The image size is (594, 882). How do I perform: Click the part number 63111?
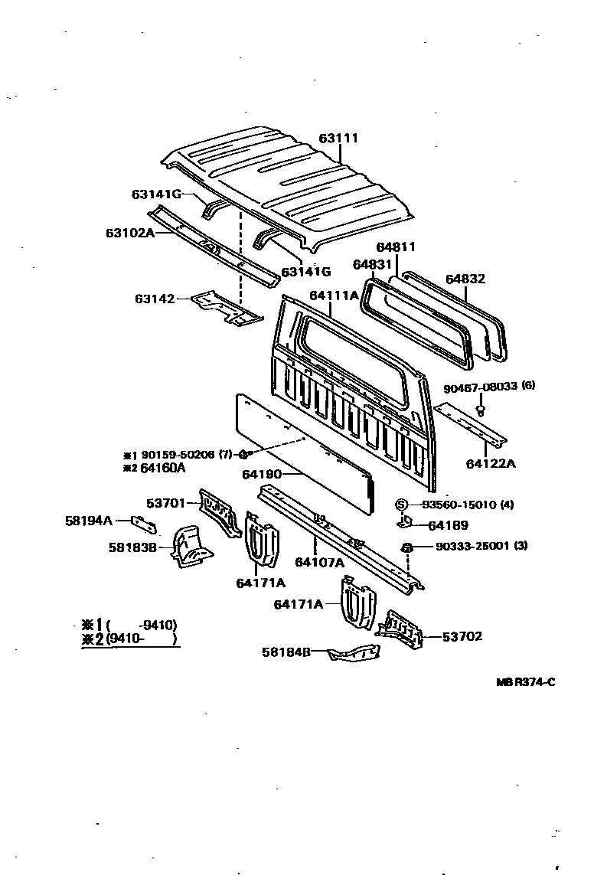(338, 139)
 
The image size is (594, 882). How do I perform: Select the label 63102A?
(129, 232)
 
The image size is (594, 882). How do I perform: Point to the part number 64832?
(465, 279)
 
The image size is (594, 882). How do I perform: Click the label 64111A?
(334, 295)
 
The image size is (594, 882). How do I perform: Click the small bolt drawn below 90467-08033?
(481, 410)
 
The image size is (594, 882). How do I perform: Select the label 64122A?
(491, 463)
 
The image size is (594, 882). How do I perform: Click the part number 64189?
(448, 525)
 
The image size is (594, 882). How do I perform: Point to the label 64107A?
(319, 563)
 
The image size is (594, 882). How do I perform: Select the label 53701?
(166, 503)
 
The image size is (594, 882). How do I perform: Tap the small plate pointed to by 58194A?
(144, 524)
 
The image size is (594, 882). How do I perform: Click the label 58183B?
(132, 547)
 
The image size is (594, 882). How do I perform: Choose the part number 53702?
(462, 636)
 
